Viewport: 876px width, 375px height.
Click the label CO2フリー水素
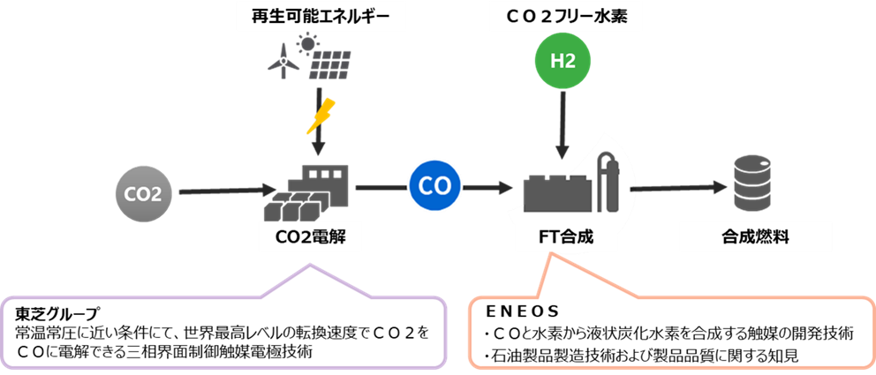tap(563, 15)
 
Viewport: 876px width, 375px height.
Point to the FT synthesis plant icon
tap(569, 188)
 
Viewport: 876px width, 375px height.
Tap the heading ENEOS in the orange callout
tap(530, 311)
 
